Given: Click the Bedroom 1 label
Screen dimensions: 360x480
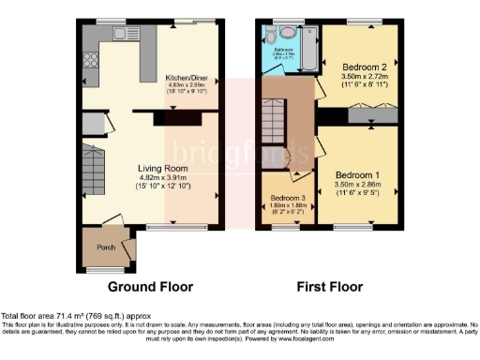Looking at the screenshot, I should click(358, 176).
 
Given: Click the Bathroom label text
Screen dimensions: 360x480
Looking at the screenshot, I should click(284, 49).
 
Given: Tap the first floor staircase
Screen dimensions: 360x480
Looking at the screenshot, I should click(276, 122).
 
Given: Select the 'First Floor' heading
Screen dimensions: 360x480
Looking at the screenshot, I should click(333, 286).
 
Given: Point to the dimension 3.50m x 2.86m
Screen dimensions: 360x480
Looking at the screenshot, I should click(358, 186).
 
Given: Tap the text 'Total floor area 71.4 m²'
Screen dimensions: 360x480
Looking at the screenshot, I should click(45, 317).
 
